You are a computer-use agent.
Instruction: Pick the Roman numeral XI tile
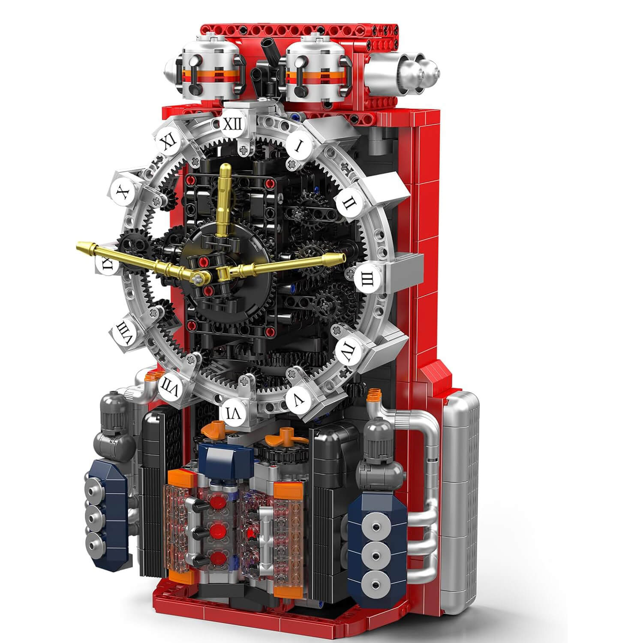[168, 142]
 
